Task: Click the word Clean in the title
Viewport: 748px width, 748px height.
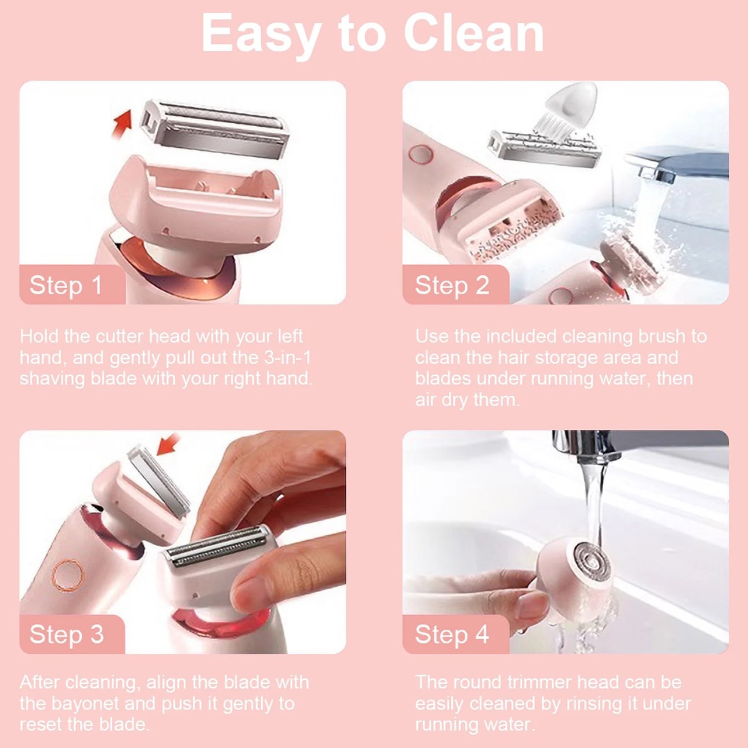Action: point(473,33)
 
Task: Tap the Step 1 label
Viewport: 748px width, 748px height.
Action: point(65,286)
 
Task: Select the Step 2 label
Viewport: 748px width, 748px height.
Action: point(452,286)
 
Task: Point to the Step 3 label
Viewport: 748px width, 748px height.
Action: point(67,635)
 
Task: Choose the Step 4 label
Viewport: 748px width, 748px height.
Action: point(452,635)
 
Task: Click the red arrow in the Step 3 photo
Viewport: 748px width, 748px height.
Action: point(168,445)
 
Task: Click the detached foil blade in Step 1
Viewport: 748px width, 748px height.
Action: point(215,129)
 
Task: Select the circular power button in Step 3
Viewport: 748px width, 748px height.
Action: point(68,575)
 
